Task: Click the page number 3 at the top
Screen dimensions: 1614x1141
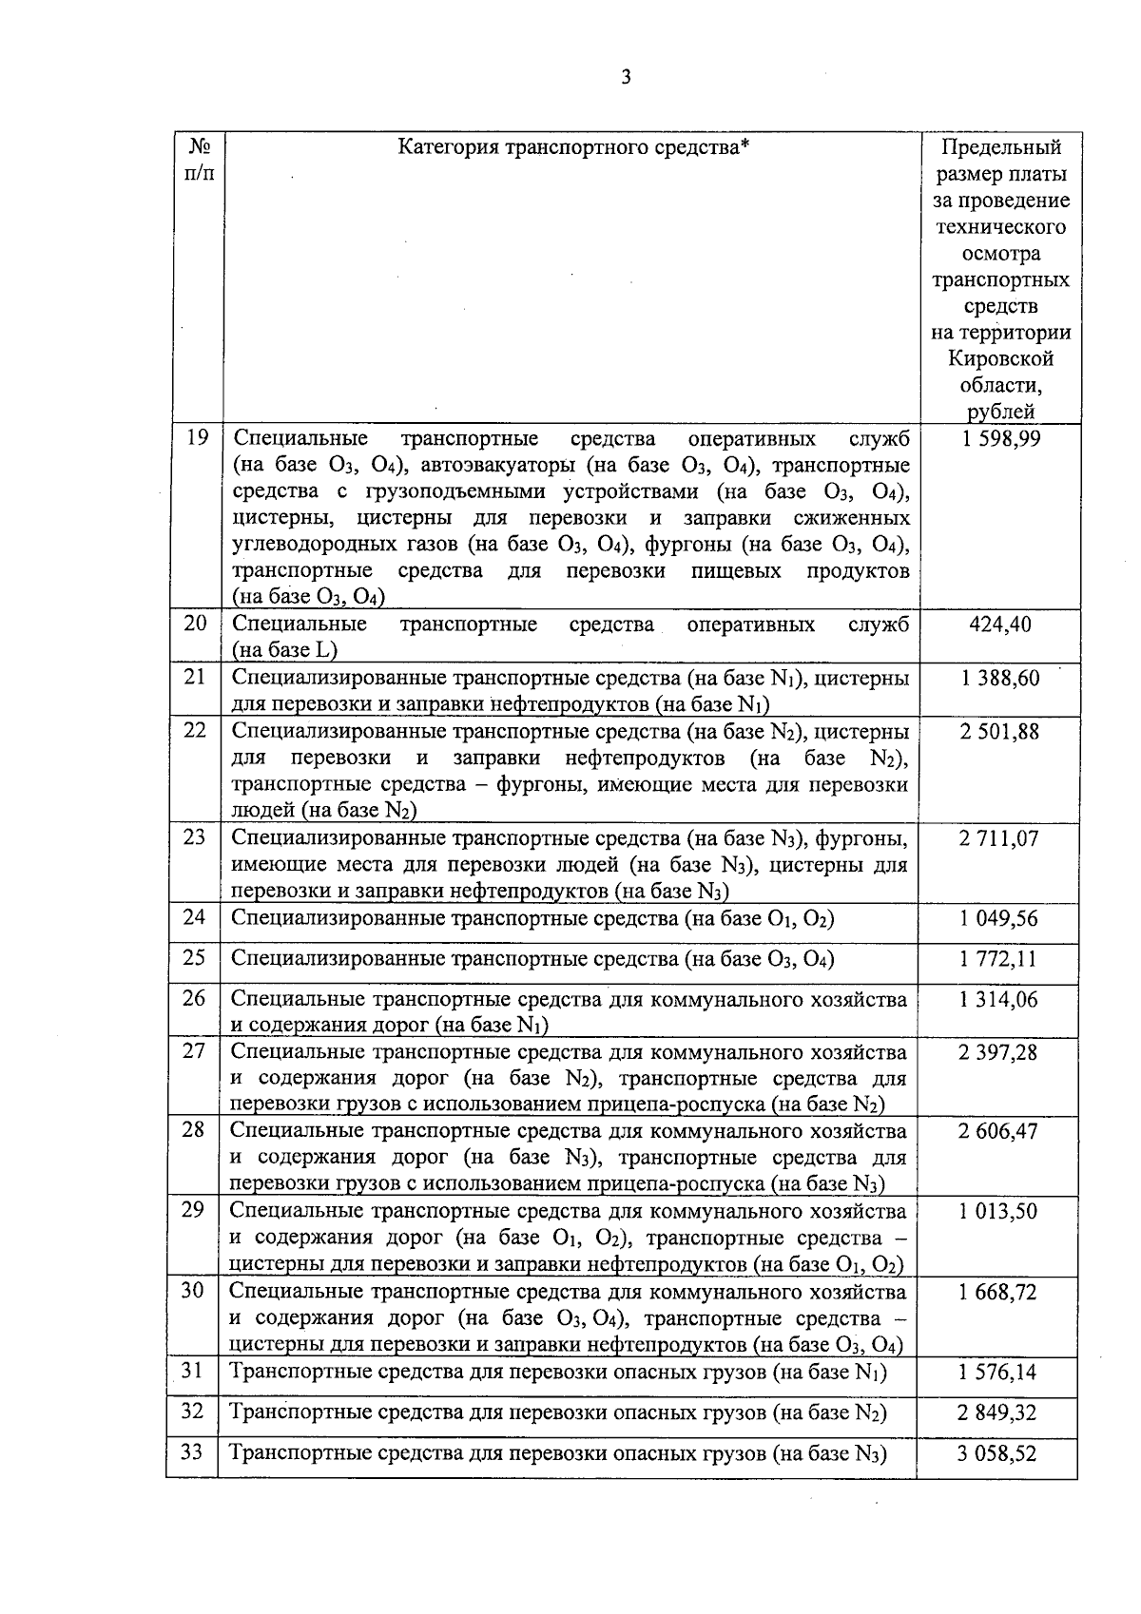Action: [626, 78]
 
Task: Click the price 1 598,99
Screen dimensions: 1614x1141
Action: [1000, 438]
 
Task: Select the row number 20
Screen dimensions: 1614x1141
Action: [195, 624]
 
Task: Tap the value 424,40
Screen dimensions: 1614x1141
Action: [999, 624]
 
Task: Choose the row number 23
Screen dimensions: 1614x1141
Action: [194, 838]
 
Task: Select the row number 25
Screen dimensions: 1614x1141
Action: [194, 958]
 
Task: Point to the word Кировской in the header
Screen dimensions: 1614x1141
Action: [1000, 359]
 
